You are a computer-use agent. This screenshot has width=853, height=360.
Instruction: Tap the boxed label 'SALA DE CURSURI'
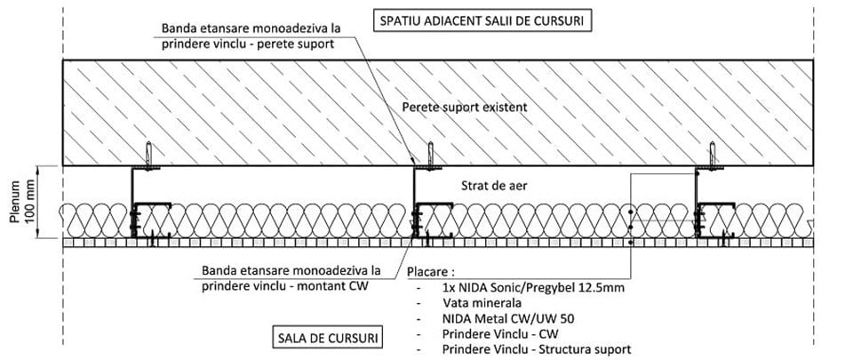[x=326, y=338]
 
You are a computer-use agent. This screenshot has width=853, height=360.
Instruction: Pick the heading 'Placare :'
[x=432, y=270]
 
